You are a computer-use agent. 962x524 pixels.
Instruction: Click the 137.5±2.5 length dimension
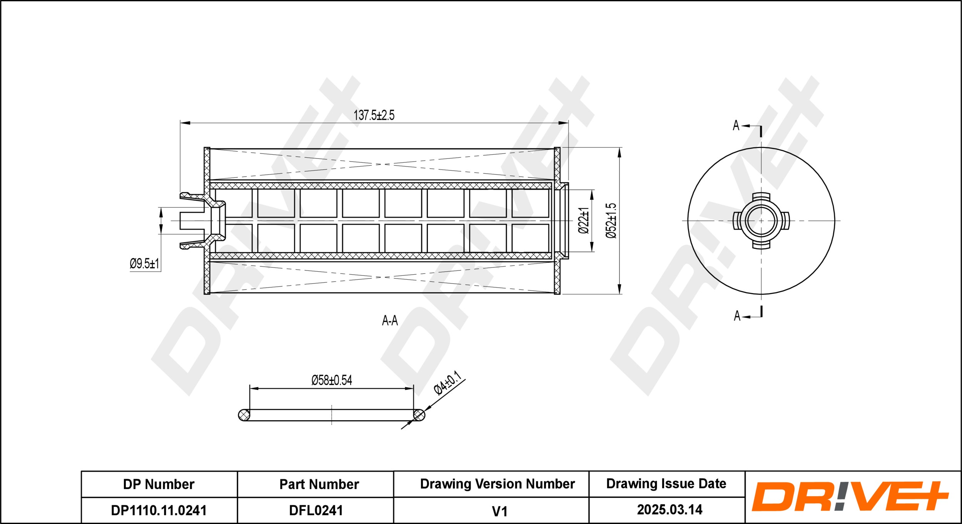pos(374,115)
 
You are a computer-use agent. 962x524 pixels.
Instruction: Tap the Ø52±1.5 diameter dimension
pos(611,221)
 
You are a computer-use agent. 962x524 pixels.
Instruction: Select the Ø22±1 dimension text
pos(583,220)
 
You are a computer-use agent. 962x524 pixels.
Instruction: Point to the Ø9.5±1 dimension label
pos(144,264)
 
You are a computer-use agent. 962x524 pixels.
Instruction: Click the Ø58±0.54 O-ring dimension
pos(332,380)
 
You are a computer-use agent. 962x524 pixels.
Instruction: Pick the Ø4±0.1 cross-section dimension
pos(447,383)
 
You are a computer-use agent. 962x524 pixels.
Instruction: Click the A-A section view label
pos(390,320)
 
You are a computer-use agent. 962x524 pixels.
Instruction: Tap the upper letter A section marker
pos(736,125)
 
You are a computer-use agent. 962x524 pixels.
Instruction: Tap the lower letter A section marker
pos(737,316)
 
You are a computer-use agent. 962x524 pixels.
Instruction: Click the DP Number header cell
pos(159,484)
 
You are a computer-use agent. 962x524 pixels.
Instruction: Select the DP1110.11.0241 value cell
pos(159,510)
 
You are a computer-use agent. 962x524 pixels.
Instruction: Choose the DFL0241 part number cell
pos(316,510)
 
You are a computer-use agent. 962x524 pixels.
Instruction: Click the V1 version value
pos(499,511)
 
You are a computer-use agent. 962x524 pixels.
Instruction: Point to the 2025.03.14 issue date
pos(670,510)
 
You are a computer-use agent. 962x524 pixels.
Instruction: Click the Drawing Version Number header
pos(497,484)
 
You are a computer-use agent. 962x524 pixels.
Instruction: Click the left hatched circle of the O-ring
pos(244,415)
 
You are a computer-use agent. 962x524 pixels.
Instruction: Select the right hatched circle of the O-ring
pos(419,415)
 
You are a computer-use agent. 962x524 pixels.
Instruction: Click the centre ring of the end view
pos(761,221)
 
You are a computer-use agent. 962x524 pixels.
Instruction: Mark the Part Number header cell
pos(319,484)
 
